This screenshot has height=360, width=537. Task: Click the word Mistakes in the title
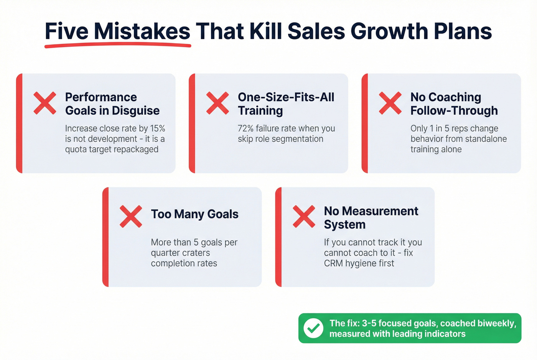[x=142, y=31]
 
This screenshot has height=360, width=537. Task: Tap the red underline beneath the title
[x=117, y=46]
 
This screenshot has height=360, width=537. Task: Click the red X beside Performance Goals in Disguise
[x=45, y=103]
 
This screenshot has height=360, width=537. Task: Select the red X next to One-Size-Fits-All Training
[x=217, y=103]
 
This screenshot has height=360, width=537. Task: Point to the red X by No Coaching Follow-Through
[x=390, y=103]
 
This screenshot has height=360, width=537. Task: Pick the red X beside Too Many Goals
[x=131, y=217]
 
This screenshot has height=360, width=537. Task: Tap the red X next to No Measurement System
[x=304, y=217]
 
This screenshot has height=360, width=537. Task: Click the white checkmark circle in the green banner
[x=313, y=328]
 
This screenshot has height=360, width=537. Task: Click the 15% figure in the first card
[x=157, y=128]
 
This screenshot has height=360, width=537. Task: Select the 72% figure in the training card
[x=245, y=128]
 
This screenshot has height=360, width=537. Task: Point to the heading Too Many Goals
[x=194, y=214]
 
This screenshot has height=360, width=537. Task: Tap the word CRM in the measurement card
[x=333, y=263]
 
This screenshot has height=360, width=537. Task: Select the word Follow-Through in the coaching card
[x=454, y=111]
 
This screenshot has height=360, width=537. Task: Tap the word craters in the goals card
[x=196, y=253]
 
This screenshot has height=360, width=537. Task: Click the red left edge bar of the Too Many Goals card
[x=105, y=237]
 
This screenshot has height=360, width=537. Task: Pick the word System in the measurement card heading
[x=344, y=225]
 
